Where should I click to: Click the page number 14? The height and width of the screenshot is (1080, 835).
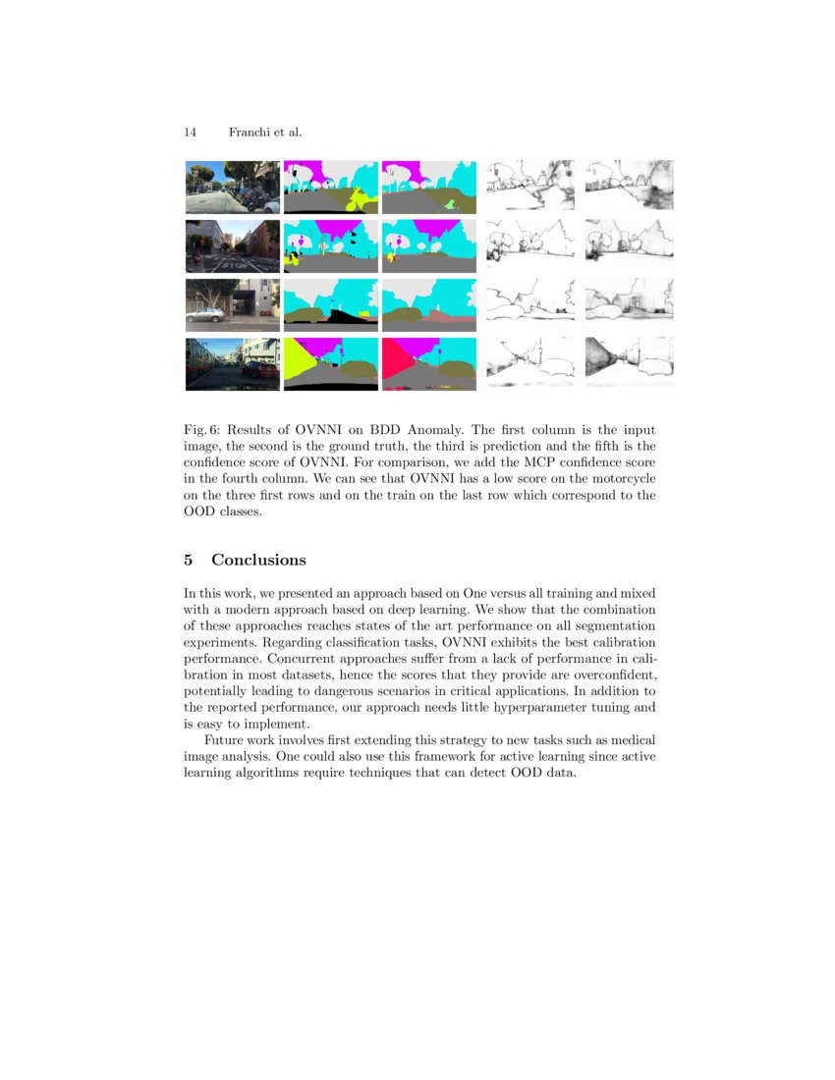tap(190, 132)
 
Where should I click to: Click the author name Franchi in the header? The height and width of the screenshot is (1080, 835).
tap(250, 132)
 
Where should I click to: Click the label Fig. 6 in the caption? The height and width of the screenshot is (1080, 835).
tap(203, 430)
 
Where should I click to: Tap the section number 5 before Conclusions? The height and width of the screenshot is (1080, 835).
tap(189, 560)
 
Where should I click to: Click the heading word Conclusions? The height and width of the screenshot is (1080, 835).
tap(258, 560)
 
